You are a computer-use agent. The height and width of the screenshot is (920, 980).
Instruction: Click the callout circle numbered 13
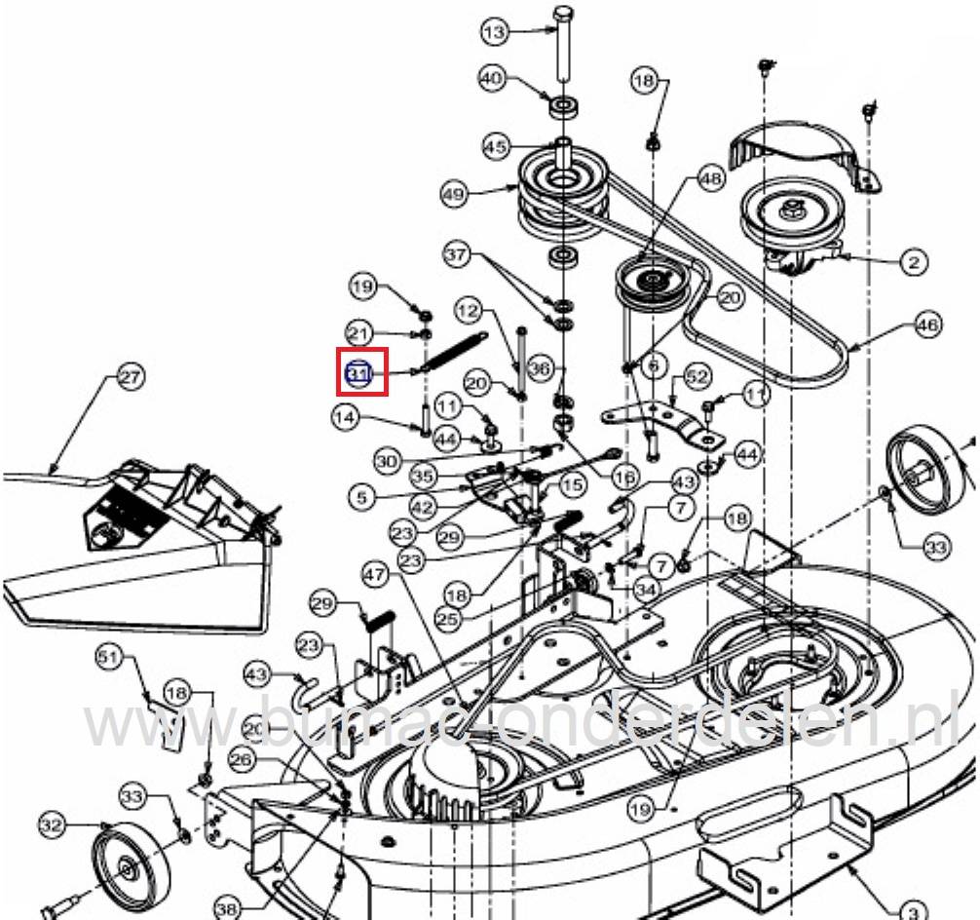coord(495,32)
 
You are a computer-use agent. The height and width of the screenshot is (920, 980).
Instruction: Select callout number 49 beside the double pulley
coord(453,194)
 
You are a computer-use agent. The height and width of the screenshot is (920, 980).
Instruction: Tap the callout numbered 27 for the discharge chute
coord(129,377)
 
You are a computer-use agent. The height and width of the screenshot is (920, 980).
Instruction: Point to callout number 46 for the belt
coord(927,325)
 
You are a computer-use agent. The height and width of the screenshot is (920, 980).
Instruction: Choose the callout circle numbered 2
coord(913,261)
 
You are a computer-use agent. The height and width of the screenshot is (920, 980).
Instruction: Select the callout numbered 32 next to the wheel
coord(52,826)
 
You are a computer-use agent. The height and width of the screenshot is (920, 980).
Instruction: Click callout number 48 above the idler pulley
coord(710,180)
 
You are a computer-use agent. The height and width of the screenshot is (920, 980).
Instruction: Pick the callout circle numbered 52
coord(697,376)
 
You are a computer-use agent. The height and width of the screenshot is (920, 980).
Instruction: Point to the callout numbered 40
coord(492,77)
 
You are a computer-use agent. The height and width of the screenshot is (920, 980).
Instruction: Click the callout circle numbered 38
coord(227,908)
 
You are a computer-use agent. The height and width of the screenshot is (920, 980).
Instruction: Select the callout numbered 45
coord(496,147)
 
